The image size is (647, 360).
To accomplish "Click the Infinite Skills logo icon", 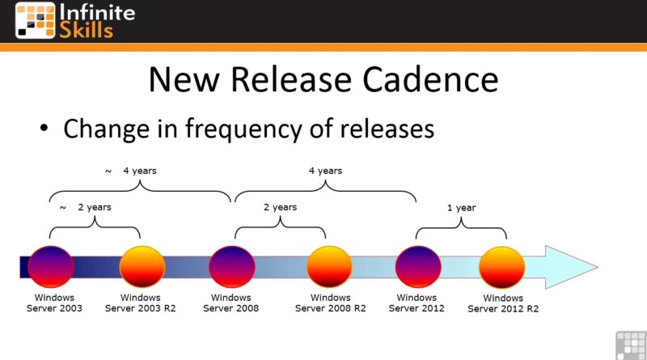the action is click(x=35, y=20).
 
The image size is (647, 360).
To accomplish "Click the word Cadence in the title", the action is click(x=430, y=79).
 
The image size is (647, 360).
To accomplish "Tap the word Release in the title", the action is click(x=291, y=79).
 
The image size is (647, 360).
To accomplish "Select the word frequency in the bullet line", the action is click(x=243, y=129).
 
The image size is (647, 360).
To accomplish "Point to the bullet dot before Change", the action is click(x=44, y=129).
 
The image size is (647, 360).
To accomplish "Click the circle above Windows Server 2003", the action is click(x=51, y=267).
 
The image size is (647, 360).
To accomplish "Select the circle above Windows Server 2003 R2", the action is click(x=142, y=267).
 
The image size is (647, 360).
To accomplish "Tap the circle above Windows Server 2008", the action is click(x=232, y=267).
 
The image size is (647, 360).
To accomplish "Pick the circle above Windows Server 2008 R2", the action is click(x=329, y=267).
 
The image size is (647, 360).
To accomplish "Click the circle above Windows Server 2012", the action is click(x=418, y=267).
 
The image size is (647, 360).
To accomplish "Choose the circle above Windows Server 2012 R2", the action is click(x=501, y=267).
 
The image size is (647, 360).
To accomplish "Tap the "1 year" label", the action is click(x=461, y=208).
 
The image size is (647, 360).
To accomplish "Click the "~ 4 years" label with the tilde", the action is click(x=131, y=171).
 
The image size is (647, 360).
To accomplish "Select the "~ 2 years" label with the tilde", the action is click(x=86, y=207).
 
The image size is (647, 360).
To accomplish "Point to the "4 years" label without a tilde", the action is click(x=326, y=171).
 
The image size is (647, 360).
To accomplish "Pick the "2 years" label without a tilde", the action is click(x=280, y=207).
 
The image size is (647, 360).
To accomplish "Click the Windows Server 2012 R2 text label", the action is click(x=503, y=303).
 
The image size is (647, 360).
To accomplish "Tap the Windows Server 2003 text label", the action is click(x=54, y=303).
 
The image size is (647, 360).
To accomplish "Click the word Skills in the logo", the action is click(x=87, y=31).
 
